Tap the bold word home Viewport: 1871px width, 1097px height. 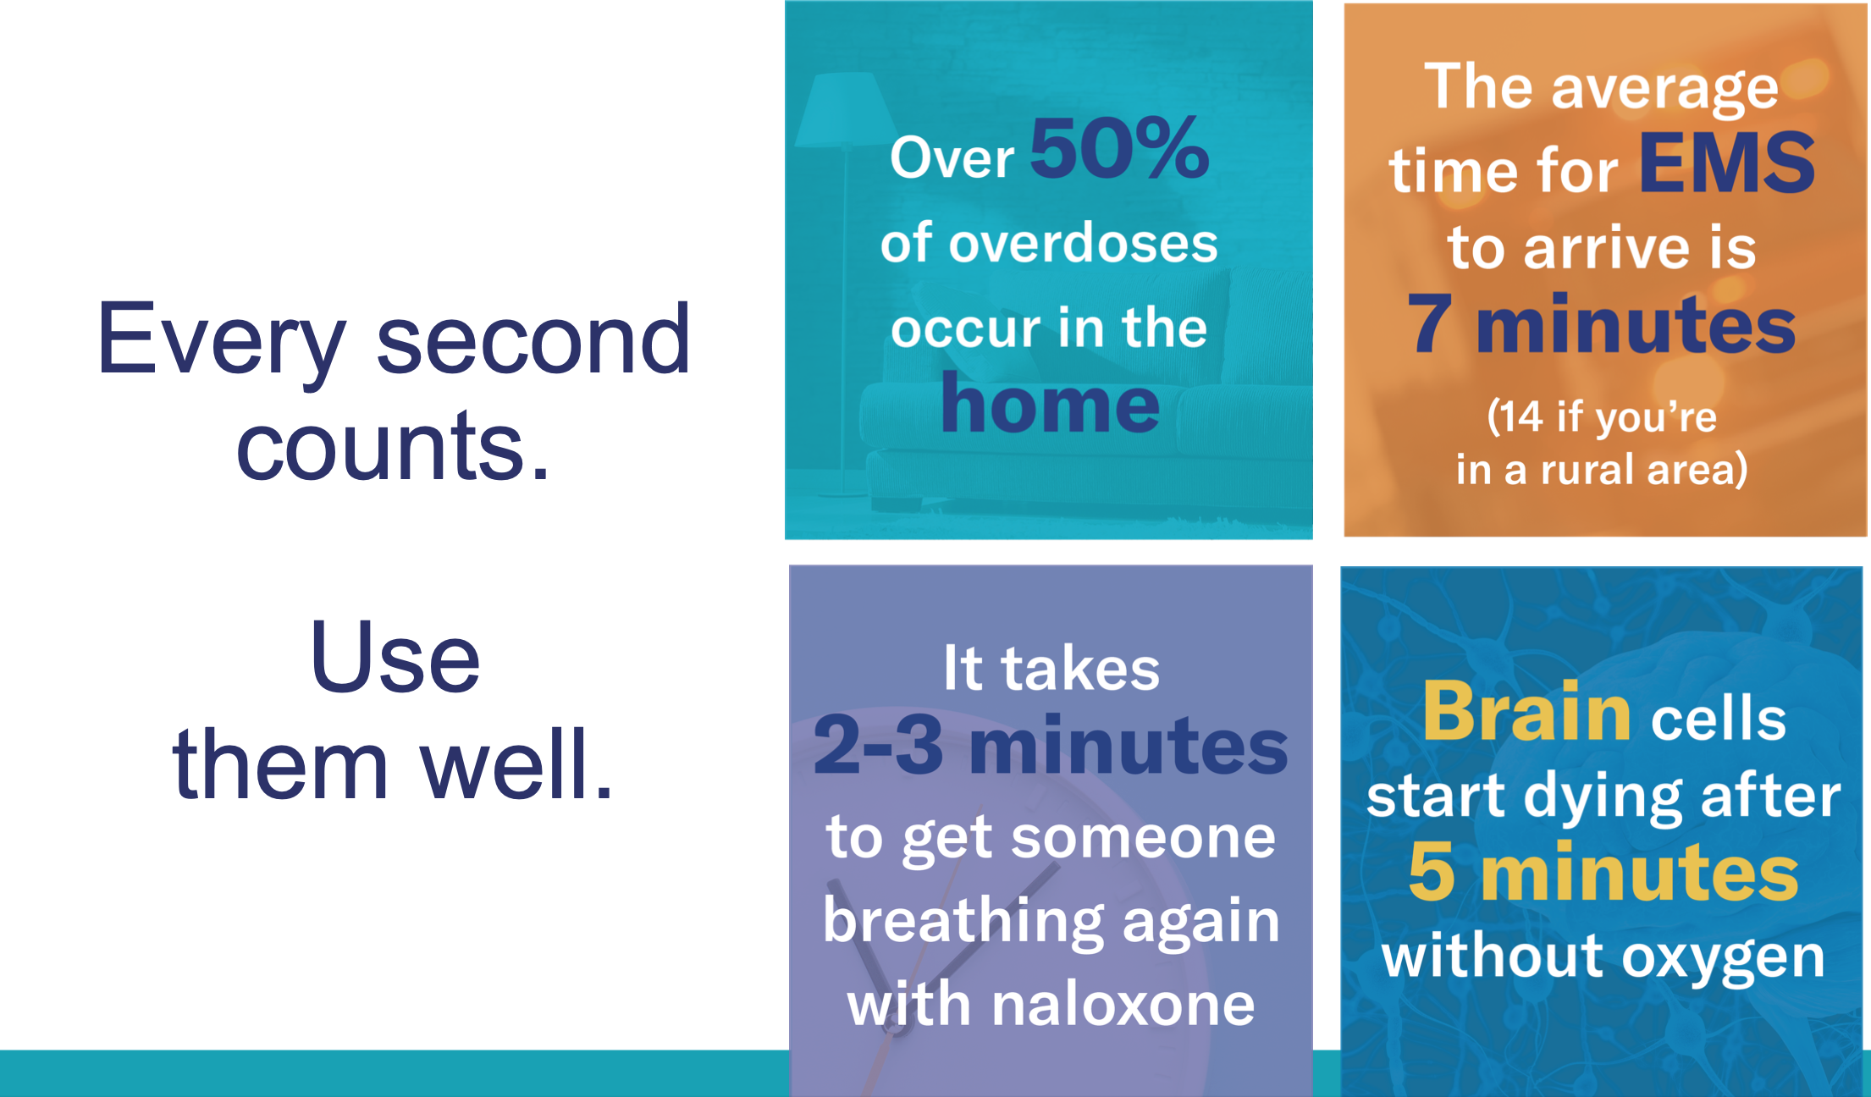click(1050, 404)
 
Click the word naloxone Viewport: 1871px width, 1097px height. click(1123, 1004)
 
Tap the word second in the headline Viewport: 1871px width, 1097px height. click(533, 339)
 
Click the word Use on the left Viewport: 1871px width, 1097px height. click(395, 657)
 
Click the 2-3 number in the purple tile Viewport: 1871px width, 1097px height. click(878, 745)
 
